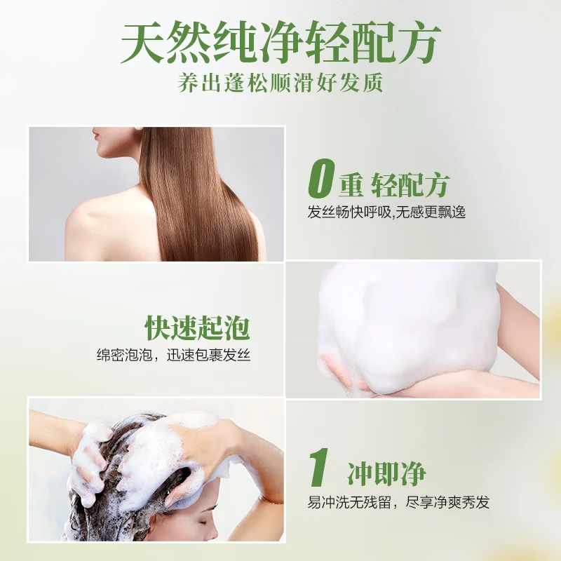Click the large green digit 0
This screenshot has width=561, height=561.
coord(320,181)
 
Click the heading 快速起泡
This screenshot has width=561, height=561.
coord(198,327)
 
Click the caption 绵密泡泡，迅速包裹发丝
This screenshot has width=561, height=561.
coord(173,356)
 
